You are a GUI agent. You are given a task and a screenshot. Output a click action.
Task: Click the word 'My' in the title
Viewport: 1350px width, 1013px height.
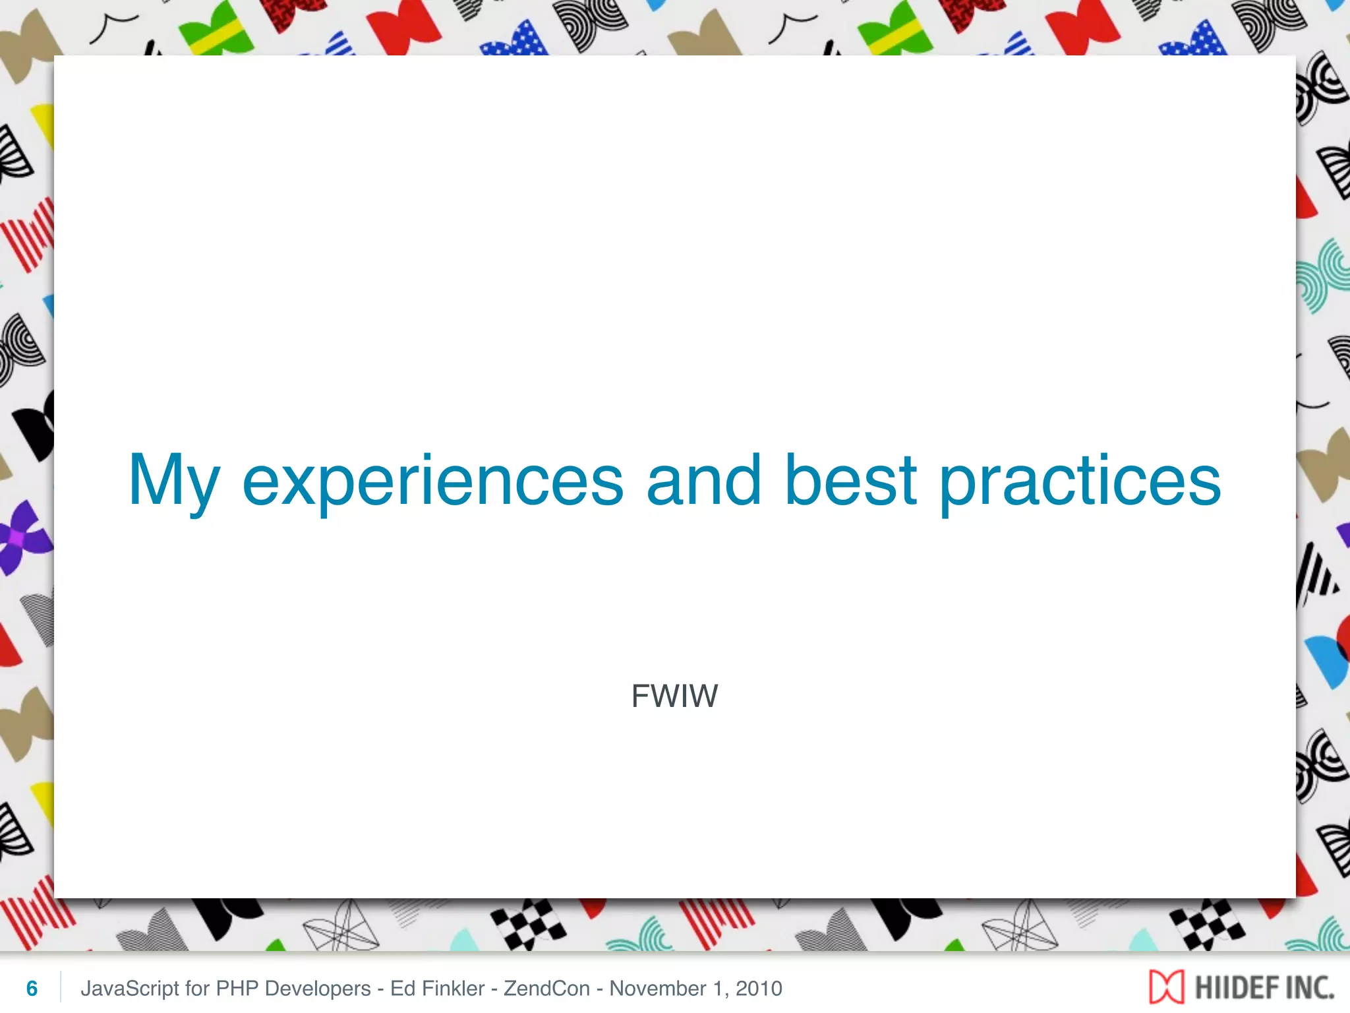[173, 481]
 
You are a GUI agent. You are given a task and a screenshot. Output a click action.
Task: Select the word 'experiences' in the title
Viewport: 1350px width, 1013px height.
[432, 481]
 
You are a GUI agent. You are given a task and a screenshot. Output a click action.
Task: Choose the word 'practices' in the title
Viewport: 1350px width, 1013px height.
[1079, 481]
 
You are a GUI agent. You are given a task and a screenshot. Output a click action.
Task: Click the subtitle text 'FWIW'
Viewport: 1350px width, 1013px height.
[674, 696]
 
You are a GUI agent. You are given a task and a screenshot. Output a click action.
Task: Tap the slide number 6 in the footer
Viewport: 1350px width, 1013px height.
[32, 989]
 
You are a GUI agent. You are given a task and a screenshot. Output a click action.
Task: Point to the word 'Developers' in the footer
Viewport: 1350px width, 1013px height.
[318, 989]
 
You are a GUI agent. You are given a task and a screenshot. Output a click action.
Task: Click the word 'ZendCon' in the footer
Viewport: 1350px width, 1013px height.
[546, 989]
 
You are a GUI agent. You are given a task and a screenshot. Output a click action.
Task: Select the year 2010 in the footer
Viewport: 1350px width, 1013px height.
[759, 989]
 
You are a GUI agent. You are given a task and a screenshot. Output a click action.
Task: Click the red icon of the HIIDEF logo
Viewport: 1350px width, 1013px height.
[1166, 987]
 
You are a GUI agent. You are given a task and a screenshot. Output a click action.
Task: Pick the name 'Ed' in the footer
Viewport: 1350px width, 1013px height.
[402, 989]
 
